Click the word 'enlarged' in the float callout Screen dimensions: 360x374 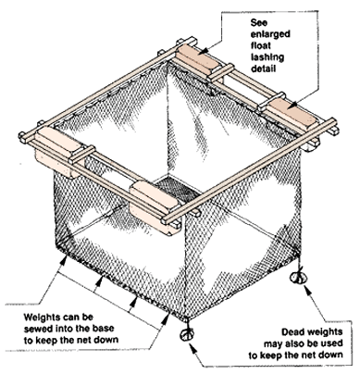[270, 34]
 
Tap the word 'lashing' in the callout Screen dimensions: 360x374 [267, 57]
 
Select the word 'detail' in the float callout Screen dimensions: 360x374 [263, 69]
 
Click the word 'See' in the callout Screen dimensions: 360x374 [259, 22]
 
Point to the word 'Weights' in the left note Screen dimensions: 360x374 [43, 317]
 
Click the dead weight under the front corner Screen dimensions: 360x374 [187, 334]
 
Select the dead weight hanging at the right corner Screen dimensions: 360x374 [298, 277]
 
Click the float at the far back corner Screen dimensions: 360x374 [198, 60]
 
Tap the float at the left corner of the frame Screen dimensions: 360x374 [58, 152]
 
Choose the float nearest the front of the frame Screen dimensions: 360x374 [155, 206]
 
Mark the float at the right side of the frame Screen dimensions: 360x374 [291, 114]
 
